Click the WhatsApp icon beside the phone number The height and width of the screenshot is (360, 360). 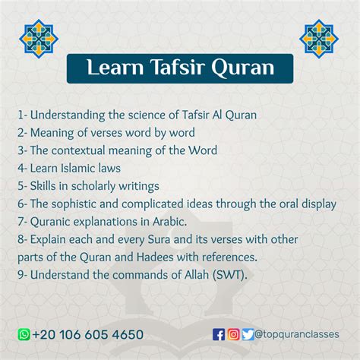[x=24, y=334]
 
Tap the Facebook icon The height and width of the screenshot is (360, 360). [x=219, y=334]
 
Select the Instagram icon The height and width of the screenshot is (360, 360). [x=233, y=334]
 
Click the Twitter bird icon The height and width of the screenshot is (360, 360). [x=248, y=334]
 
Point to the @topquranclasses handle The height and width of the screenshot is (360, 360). [x=297, y=334]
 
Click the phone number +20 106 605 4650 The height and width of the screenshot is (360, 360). [x=88, y=334]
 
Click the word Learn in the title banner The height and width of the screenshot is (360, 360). [x=115, y=68]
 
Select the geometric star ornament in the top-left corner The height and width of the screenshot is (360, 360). [x=39, y=39]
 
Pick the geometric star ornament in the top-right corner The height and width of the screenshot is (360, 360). [x=319, y=39]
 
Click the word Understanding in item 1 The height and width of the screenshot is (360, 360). [x=68, y=115]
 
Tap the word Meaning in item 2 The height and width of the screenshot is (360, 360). [x=52, y=133]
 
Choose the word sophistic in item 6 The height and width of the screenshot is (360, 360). [x=74, y=204]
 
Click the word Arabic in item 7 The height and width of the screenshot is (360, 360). [x=169, y=222]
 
